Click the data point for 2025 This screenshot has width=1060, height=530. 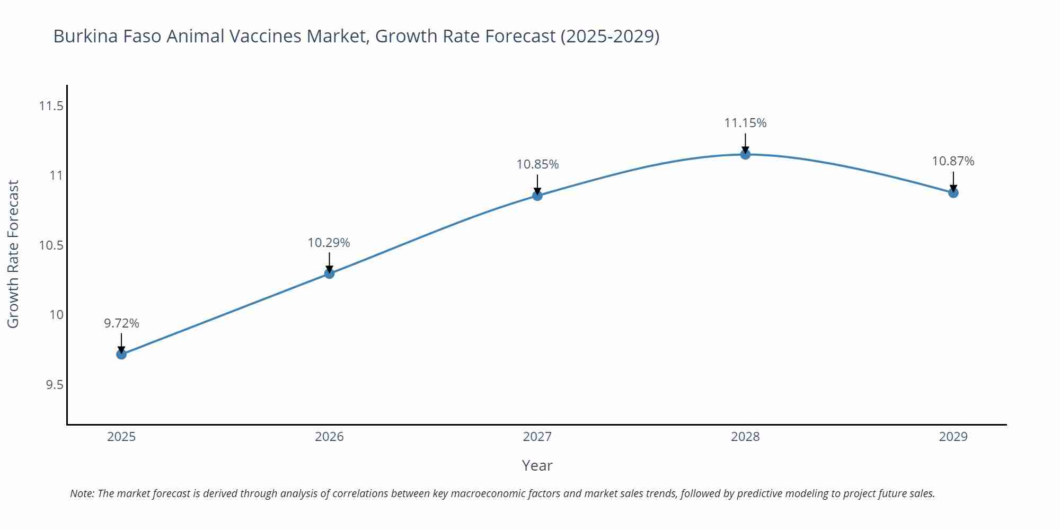pyautogui.click(x=121, y=354)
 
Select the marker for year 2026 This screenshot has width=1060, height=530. pyautogui.click(x=329, y=273)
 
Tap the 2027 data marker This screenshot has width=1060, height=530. pyautogui.click(x=537, y=196)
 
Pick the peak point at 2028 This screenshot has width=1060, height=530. pyautogui.click(x=745, y=154)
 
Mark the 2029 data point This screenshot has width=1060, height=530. pyautogui.click(x=953, y=193)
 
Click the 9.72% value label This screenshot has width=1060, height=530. pyautogui.click(x=121, y=323)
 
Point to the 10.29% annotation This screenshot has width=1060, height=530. pyautogui.click(x=329, y=243)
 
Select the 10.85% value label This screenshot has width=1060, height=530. pyautogui.click(x=537, y=164)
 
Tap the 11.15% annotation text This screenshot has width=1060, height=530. pyautogui.click(x=745, y=123)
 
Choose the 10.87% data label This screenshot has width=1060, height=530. pyautogui.click(x=953, y=161)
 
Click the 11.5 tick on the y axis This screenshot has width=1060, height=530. pyautogui.click(x=51, y=106)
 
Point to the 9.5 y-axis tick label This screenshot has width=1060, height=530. pyautogui.click(x=54, y=384)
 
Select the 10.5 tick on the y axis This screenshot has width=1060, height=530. pyautogui.click(x=51, y=245)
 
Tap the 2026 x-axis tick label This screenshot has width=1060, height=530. pyautogui.click(x=329, y=437)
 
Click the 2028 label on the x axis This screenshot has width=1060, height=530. pyautogui.click(x=745, y=437)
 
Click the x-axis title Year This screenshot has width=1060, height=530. pyautogui.click(x=537, y=465)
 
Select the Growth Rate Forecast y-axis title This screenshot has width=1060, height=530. pyautogui.click(x=13, y=254)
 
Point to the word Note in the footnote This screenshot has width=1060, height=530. pyautogui.click(x=82, y=493)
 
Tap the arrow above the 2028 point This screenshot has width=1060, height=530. pyautogui.click(x=745, y=143)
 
